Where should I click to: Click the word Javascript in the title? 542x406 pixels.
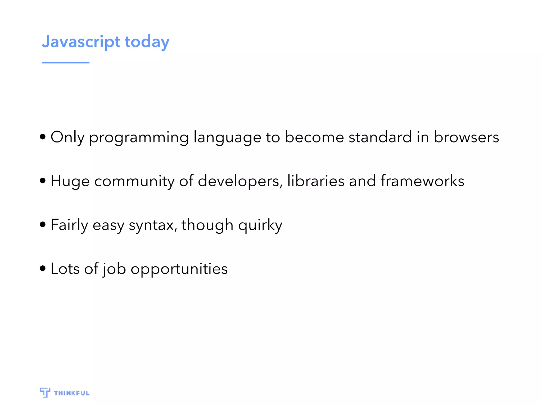(81, 42)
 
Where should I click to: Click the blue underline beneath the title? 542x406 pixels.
(65, 63)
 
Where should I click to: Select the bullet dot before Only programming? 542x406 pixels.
(43, 137)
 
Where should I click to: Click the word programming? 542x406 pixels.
(139, 137)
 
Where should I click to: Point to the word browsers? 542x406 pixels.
(466, 137)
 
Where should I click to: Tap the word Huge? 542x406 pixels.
(70, 181)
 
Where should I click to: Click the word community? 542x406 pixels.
(134, 181)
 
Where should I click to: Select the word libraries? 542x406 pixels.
(316, 181)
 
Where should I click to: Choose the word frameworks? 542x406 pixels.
(422, 181)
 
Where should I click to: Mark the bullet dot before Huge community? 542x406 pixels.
(43, 181)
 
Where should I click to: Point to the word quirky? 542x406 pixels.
(260, 225)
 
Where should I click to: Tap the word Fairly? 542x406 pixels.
(69, 225)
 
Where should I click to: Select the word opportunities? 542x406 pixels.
(179, 269)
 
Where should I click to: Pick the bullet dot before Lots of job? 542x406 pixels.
(43, 269)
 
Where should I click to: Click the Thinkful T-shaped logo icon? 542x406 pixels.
(45, 393)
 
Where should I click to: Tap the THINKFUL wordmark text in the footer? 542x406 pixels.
(72, 393)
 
